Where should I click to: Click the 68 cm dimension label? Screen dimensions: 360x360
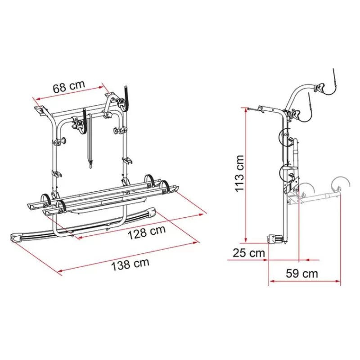[x=69, y=86]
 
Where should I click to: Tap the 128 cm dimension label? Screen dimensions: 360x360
[x=147, y=232]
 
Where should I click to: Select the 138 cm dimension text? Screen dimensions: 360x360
[x=130, y=264]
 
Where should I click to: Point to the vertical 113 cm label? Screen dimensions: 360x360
[x=239, y=173]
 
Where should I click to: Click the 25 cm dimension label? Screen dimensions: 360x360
[x=249, y=253]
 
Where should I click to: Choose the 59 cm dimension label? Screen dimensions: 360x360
[x=301, y=274]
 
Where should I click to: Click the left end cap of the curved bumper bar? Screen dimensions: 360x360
[x=17, y=237]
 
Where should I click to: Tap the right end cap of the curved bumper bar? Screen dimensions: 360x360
[x=152, y=212]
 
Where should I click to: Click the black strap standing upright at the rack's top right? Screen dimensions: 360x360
[x=126, y=98]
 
